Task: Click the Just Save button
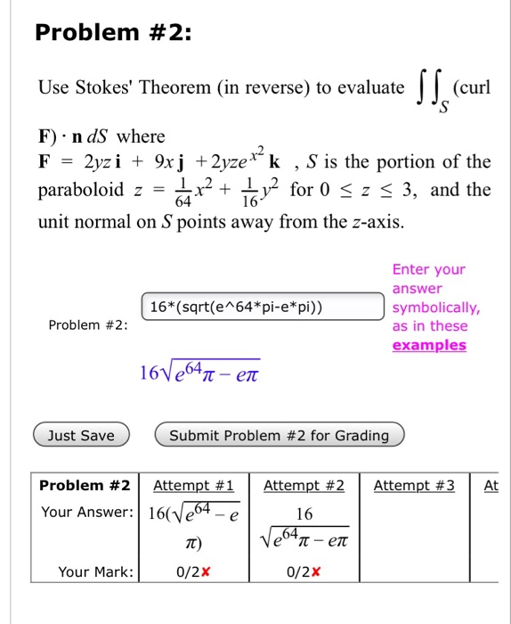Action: tap(81, 435)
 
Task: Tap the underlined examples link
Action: tap(429, 345)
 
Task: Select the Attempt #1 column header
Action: tap(193, 486)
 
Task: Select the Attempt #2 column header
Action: tap(304, 486)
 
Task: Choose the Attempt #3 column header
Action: tap(414, 486)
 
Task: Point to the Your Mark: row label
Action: tap(95, 571)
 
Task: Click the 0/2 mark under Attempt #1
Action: tap(193, 571)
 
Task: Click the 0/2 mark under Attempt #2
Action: tap(304, 571)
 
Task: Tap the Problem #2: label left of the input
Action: tap(85, 324)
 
